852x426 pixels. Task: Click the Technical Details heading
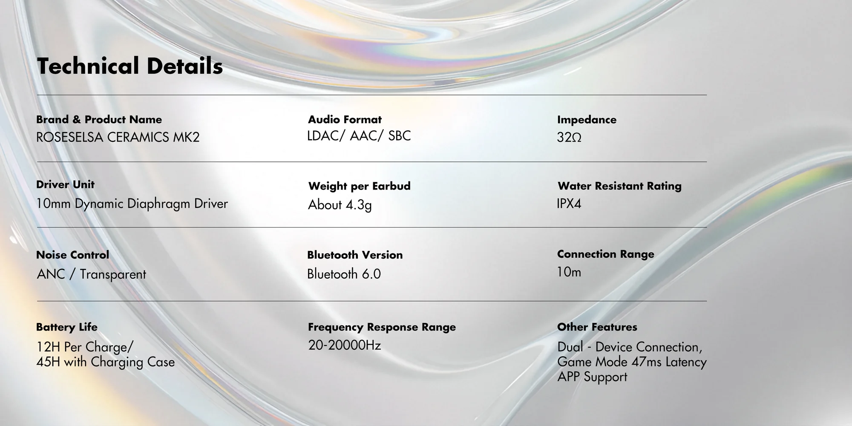130,66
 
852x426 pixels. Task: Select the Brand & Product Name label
99,119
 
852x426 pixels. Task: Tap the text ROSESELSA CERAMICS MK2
118,137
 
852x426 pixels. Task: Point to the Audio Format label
345,119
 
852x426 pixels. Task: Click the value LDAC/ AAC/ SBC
359,136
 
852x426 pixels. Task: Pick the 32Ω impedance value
569,137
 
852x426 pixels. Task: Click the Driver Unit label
65,184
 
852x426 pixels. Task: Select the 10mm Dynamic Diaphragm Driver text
132,204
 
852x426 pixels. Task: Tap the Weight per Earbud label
359,186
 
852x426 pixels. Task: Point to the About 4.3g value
340,205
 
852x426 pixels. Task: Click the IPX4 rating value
569,204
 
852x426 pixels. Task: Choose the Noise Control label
72,255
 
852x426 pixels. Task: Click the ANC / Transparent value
92,274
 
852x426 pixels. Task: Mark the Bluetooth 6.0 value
344,274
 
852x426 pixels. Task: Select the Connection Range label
605,254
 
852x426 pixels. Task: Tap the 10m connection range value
569,272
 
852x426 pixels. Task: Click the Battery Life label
66,327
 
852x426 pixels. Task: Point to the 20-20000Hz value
344,345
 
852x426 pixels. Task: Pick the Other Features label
597,327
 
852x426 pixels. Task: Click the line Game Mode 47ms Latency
632,362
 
